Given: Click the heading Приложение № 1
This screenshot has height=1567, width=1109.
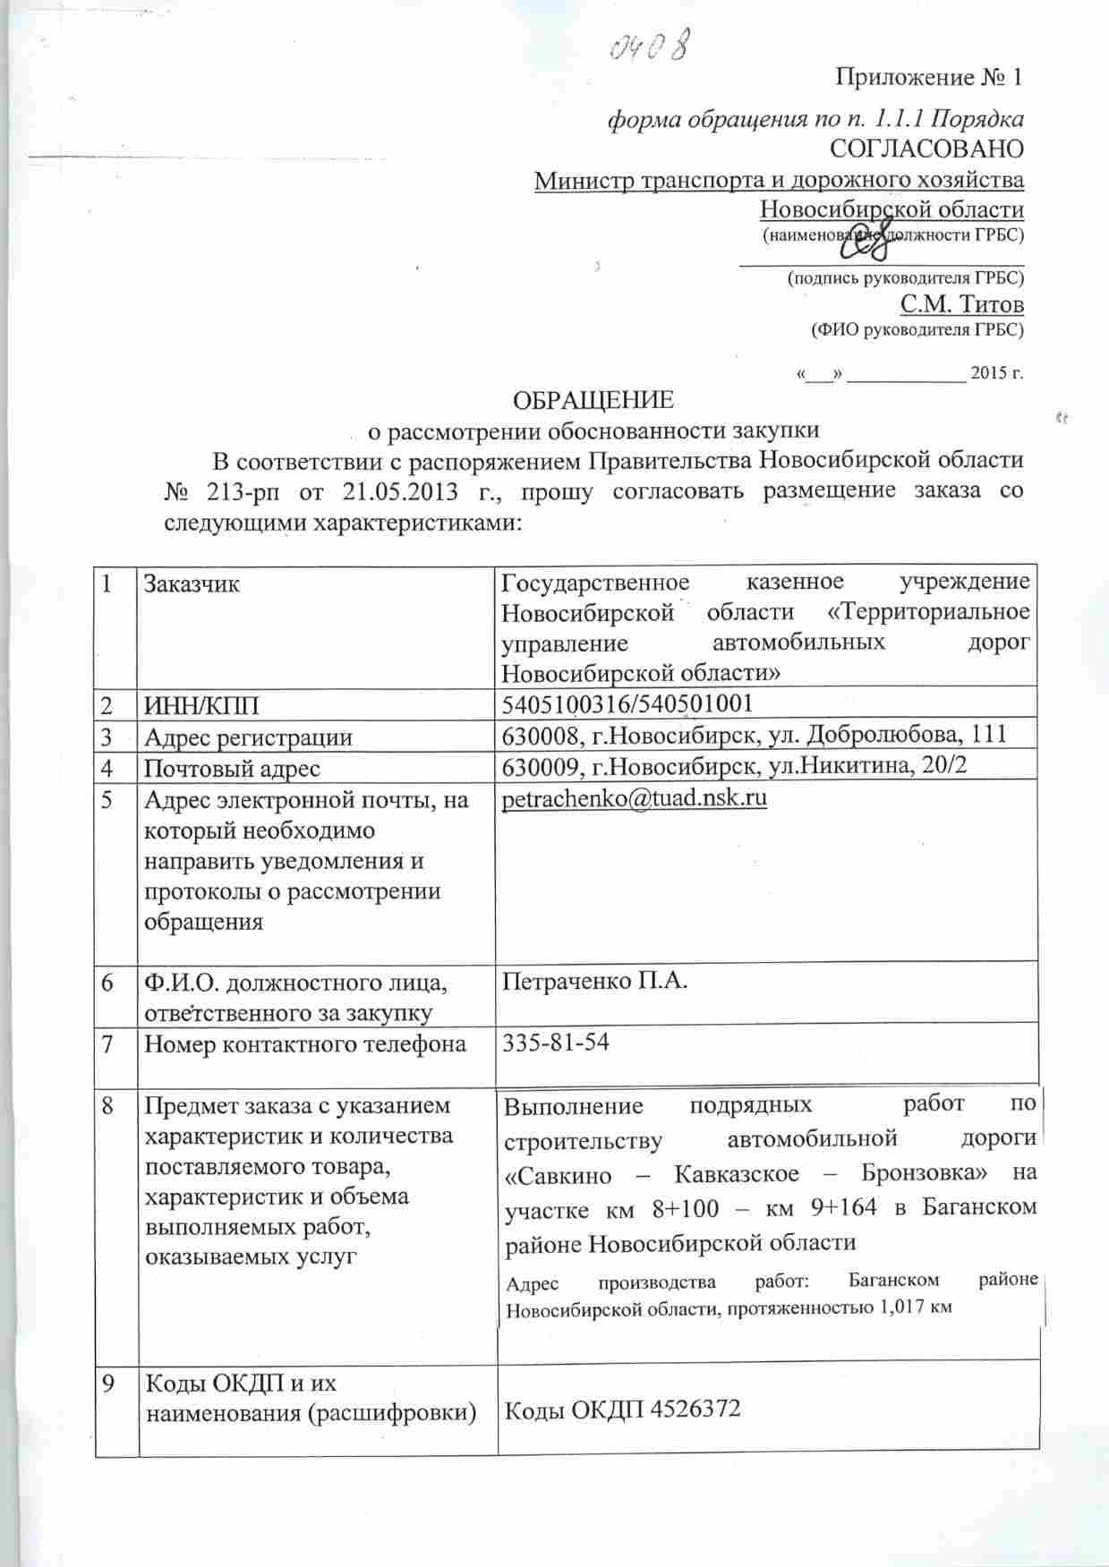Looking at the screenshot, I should (x=928, y=77).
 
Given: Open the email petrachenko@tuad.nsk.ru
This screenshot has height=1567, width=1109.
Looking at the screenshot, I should (x=635, y=798).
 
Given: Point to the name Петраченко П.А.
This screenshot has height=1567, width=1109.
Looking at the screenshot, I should (x=594, y=982).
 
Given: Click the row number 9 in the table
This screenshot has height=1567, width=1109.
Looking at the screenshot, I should (x=108, y=1384).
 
